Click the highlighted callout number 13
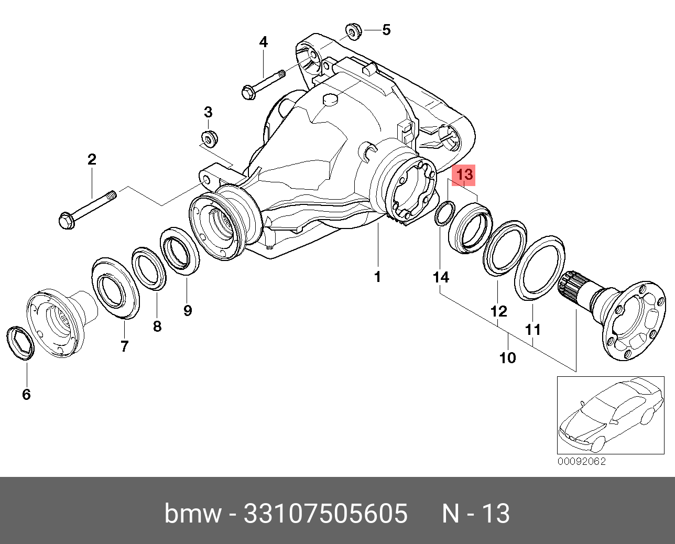[x=464, y=175]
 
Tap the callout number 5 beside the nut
[x=386, y=30]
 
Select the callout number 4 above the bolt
[x=263, y=42]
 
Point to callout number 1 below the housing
[x=378, y=277]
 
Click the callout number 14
[x=441, y=277]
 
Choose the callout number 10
[x=507, y=357]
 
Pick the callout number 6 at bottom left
[x=26, y=394]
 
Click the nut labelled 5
[x=354, y=31]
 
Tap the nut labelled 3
[x=210, y=138]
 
